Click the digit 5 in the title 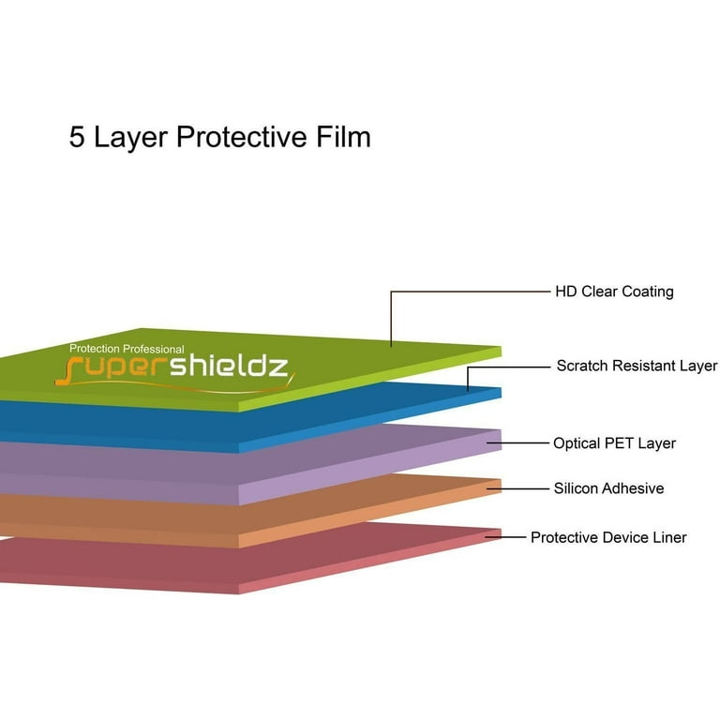tap(77, 137)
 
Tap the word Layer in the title tap(130, 138)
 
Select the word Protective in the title tap(242, 137)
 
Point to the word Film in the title tap(343, 136)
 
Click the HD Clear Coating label tap(614, 292)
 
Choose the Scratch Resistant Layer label tap(637, 366)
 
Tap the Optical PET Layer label tap(614, 443)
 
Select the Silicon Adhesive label tap(608, 488)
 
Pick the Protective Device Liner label tap(608, 537)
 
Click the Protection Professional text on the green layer tap(127, 349)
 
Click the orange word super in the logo tap(112, 370)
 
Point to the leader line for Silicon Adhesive tap(517, 488)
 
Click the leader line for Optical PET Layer tap(517, 443)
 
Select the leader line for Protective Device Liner tap(505, 537)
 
